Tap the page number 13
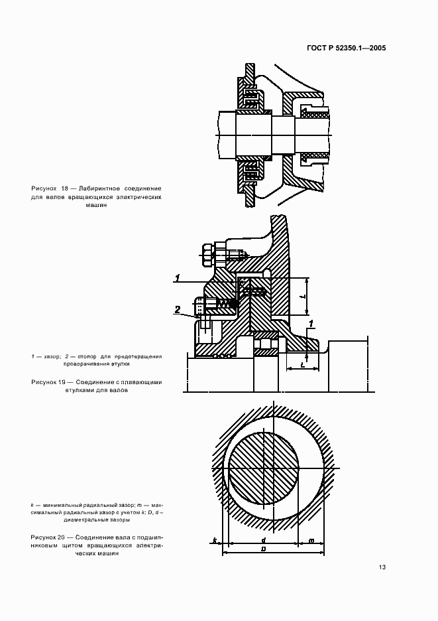click(382, 567)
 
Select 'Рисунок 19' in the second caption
click(51, 383)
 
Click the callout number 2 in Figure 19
click(178, 309)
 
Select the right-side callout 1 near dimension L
click(311, 323)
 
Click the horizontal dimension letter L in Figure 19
click(302, 364)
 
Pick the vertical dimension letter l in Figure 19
click(301, 297)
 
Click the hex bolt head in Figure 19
click(205, 252)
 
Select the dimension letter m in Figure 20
click(311, 541)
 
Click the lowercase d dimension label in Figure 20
click(264, 540)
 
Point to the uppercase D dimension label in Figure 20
click(264, 550)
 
